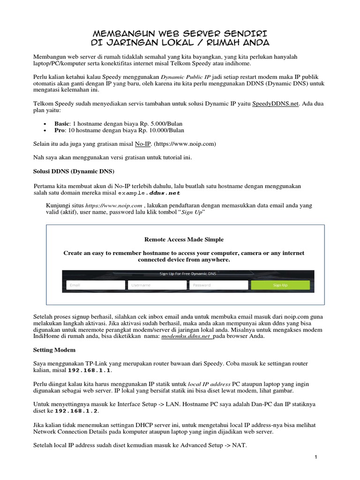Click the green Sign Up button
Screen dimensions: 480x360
pyautogui.click(x=280, y=285)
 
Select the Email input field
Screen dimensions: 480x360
pyautogui.click(x=96, y=285)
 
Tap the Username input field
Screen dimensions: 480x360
pyautogui.click(x=157, y=285)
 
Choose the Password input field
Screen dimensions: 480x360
pyautogui.click(x=218, y=285)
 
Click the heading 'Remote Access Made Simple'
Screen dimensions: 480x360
pyautogui.click(x=184, y=240)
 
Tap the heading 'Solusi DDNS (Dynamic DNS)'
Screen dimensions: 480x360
pyautogui.click(x=74, y=171)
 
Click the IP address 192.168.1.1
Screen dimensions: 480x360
pyautogui.click(x=90, y=370)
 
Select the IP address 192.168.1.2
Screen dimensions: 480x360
pyautogui.click(x=76, y=411)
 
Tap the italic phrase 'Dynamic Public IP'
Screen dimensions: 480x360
pyautogui.click(x=186, y=77)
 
